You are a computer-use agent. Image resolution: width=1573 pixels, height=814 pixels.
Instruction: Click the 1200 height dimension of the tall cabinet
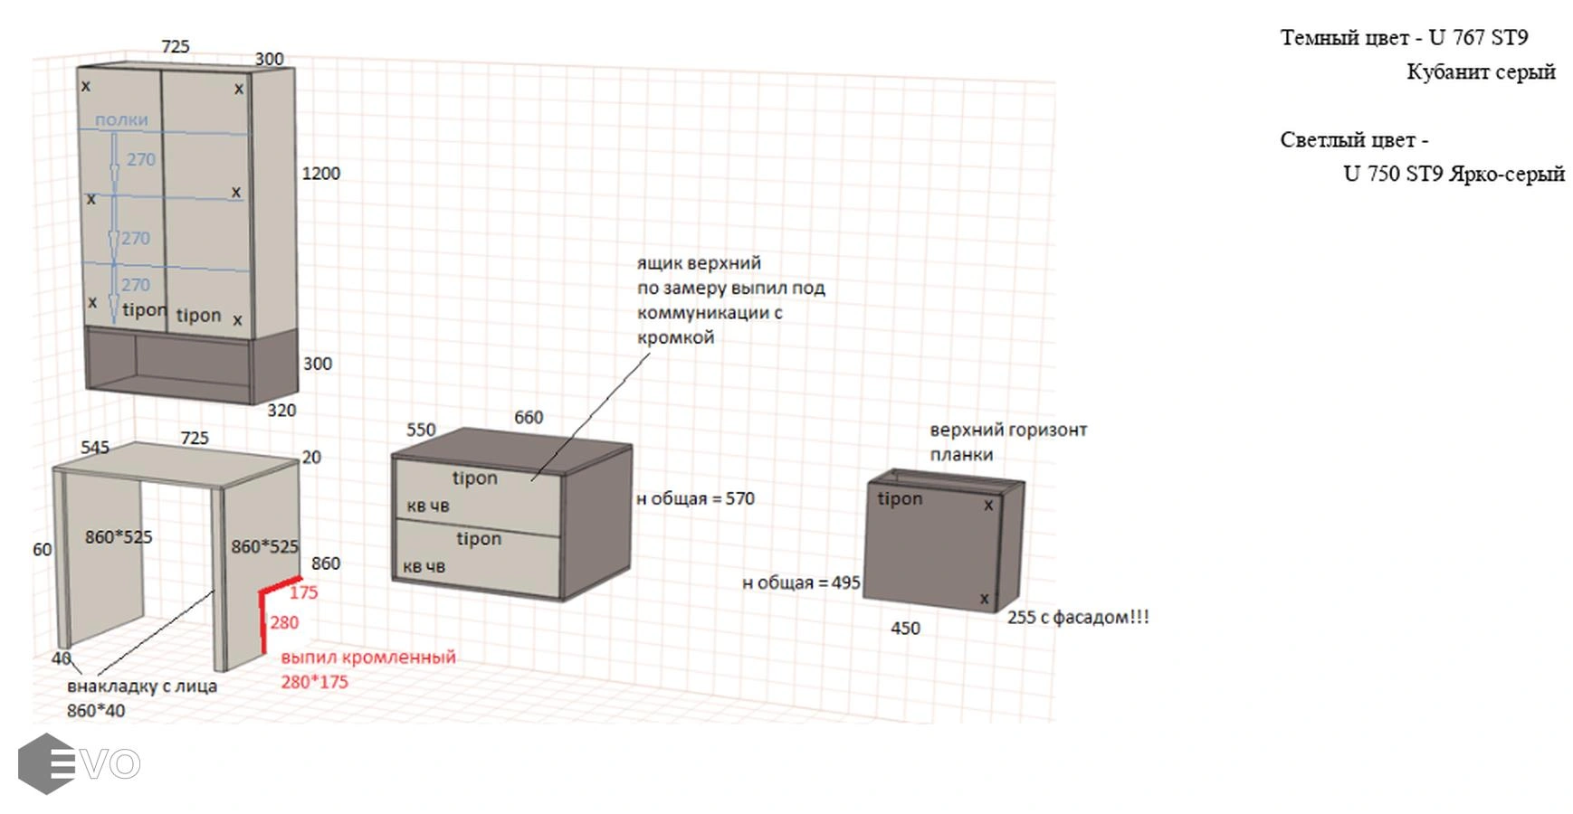(321, 174)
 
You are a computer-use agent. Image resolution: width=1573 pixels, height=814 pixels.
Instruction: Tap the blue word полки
(121, 119)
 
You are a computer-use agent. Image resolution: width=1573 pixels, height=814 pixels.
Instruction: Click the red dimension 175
(304, 592)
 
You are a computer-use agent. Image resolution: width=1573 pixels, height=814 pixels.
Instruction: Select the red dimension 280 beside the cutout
(284, 622)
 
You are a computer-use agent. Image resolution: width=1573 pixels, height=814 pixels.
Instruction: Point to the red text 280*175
(314, 682)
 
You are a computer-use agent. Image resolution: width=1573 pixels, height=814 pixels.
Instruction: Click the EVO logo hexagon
(46, 764)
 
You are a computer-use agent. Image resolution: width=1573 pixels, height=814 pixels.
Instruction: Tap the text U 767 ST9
(1478, 38)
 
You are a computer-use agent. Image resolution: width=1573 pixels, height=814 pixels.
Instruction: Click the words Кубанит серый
(1481, 72)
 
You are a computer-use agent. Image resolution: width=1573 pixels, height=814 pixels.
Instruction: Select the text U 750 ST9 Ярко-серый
(1454, 174)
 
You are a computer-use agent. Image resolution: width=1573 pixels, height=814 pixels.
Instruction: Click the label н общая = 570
(695, 498)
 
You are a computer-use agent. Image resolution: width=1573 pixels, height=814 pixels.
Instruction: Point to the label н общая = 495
(801, 582)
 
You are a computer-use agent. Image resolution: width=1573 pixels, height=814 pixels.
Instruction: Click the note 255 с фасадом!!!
(1078, 617)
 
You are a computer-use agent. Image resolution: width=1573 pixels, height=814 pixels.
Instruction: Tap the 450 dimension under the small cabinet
(905, 628)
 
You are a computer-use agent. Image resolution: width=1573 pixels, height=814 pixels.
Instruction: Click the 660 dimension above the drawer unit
(529, 417)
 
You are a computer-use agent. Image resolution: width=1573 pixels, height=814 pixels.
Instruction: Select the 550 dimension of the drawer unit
(421, 430)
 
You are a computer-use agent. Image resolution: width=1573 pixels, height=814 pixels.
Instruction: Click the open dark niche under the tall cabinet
(193, 359)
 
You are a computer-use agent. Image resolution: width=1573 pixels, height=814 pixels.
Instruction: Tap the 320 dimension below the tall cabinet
(281, 410)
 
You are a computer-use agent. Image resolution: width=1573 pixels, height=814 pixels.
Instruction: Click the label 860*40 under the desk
(96, 711)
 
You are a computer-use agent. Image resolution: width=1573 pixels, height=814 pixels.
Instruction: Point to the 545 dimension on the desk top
(95, 447)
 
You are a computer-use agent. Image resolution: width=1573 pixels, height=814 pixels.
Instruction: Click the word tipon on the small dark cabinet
(900, 498)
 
